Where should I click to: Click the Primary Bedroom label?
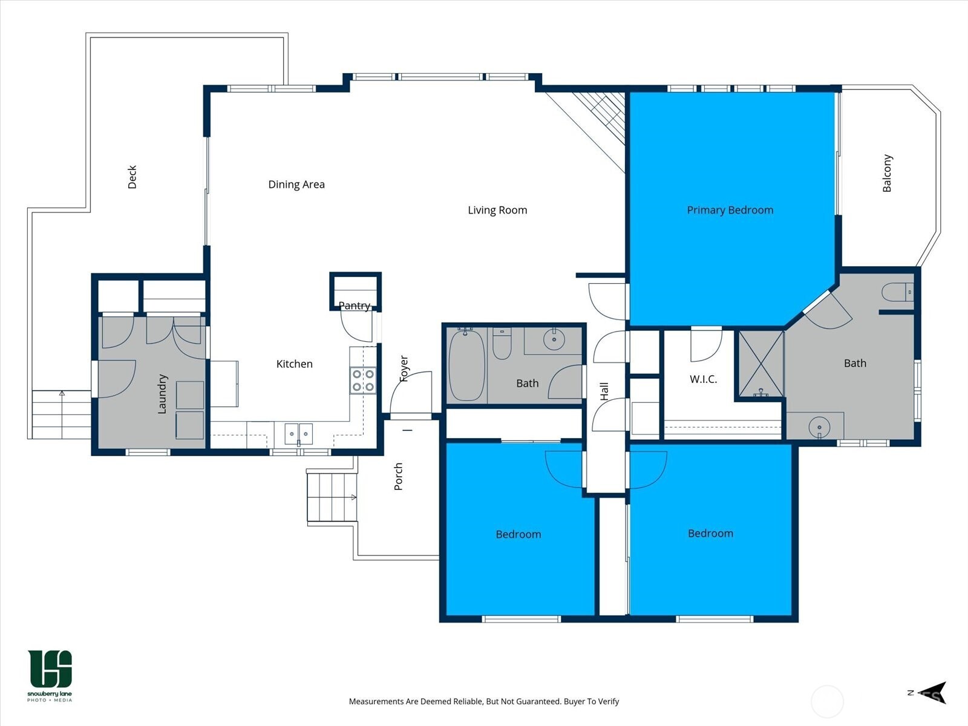[730, 211]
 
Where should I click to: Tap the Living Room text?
[497, 211]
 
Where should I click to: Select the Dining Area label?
[296, 185]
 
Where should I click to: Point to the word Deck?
[132, 177]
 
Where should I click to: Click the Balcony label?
[887, 173]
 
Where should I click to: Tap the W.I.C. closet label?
[703, 379]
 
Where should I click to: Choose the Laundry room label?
[162, 394]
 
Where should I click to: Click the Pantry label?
[354, 306]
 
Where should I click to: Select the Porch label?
[398, 477]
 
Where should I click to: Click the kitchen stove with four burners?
[363, 381]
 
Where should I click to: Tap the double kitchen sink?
[298, 434]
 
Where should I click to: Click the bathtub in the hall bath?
[466, 365]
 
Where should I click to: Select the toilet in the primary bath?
[897, 292]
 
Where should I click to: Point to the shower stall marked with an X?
[761, 364]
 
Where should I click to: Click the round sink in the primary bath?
[819, 427]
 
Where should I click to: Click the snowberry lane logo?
[50, 676]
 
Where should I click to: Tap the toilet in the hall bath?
[502, 344]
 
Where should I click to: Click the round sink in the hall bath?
[554, 340]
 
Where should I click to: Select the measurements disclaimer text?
[484, 701]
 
